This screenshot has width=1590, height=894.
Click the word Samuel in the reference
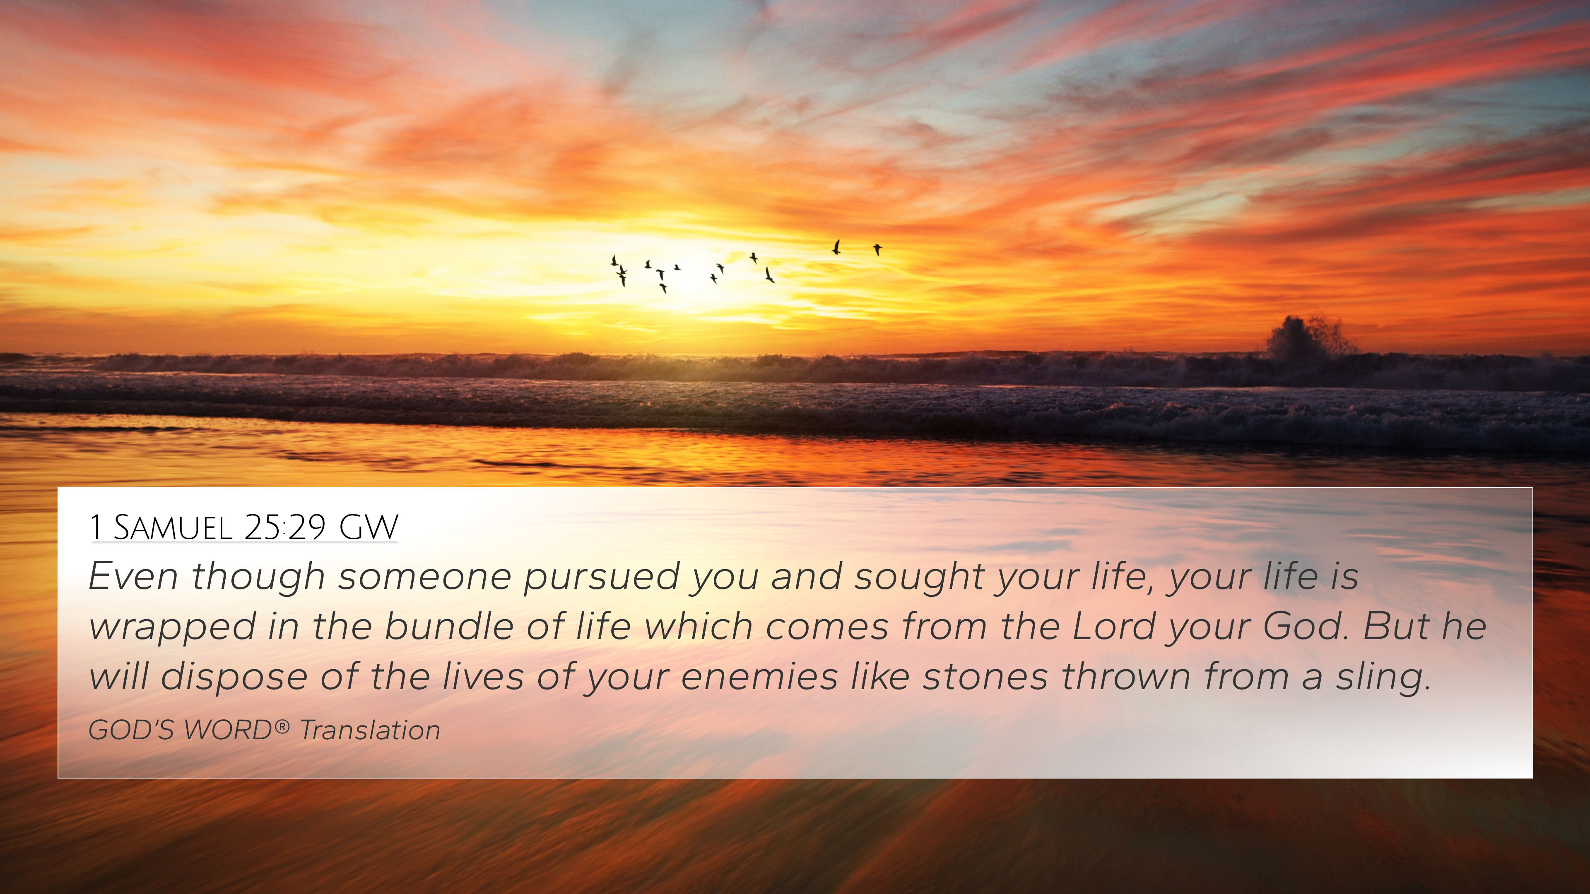(x=173, y=528)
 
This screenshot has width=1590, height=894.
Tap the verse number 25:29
(x=284, y=528)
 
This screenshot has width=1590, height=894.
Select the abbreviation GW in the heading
(x=369, y=528)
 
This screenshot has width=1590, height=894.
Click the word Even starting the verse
(x=133, y=576)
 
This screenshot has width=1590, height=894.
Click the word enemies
(x=759, y=677)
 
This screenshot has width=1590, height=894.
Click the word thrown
(x=1126, y=677)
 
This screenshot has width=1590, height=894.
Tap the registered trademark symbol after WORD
(x=282, y=726)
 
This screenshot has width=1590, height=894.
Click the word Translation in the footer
(x=370, y=730)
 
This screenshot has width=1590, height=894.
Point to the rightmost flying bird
(x=877, y=249)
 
